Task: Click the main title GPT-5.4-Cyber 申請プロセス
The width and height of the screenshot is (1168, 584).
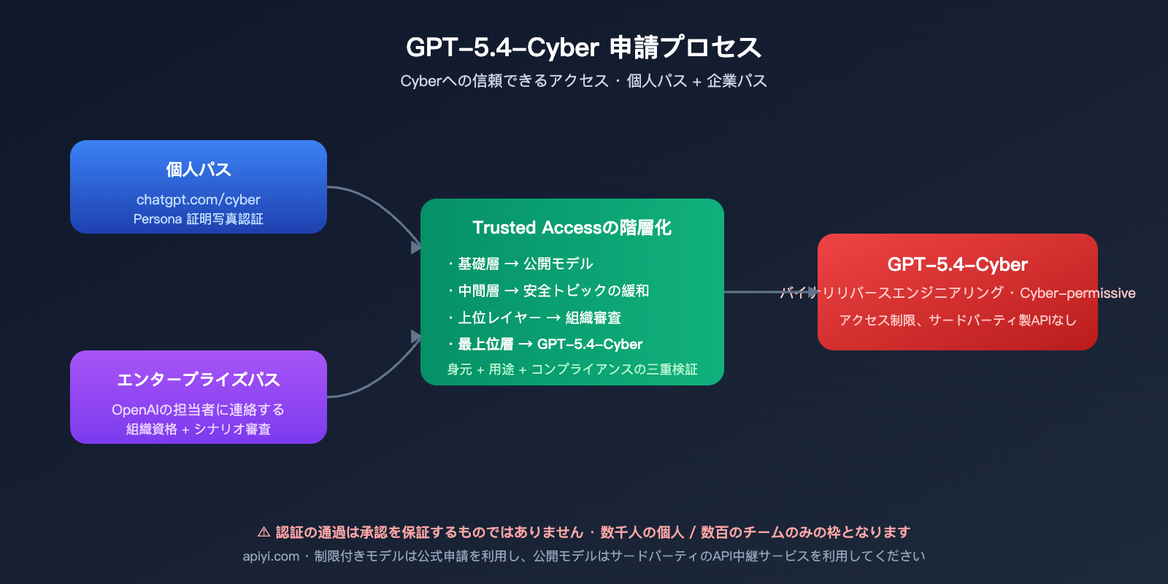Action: tap(583, 47)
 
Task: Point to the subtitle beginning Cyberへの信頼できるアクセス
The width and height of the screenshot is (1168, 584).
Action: tap(583, 81)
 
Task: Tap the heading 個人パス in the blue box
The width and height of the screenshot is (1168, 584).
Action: tap(198, 169)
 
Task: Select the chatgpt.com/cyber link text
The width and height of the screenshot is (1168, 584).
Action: tap(198, 199)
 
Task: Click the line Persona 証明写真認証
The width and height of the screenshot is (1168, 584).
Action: tap(198, 219)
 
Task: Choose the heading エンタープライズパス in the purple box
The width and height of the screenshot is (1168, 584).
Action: tap(198, 380)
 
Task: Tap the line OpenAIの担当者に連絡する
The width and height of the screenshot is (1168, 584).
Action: tap(198, 410)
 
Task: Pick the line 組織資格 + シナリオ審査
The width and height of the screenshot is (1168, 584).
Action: tap(198, 429)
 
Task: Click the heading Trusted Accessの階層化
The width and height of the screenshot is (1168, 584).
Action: tap(572, 228)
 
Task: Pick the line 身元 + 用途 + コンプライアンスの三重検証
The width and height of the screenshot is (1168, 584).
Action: tap(572, 369)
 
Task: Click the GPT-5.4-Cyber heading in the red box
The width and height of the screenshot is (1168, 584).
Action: tap(957, 264)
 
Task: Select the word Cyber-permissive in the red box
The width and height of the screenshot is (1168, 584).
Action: tap(1077, 293)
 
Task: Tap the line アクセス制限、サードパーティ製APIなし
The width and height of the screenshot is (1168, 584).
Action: tap(957, 320)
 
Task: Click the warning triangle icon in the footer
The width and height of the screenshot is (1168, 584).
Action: tap(264, 532)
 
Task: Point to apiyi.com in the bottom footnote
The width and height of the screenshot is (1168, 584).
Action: tap(271, 556)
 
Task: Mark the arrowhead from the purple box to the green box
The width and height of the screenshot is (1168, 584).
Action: tap(416, 337)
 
